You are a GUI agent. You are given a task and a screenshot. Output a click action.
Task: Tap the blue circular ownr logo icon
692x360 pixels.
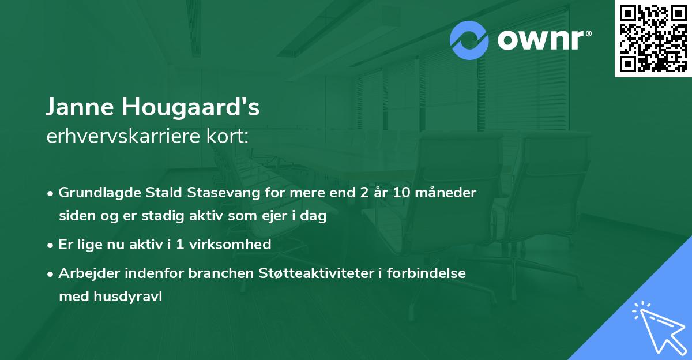point(469,40)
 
